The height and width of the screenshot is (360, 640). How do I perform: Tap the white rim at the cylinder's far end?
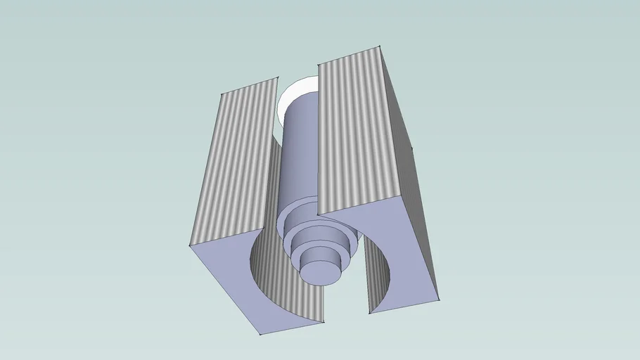(288, 98)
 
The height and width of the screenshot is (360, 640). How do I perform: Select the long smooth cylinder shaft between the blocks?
(298, 155)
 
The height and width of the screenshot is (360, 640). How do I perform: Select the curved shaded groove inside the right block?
(380, 281)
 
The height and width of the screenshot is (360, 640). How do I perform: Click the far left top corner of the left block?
(222, 94)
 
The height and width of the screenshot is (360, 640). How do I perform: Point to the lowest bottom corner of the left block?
(260, 333)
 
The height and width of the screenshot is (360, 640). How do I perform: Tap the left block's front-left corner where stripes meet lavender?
(190, 245)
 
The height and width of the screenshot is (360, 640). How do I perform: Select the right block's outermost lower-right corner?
(440, 299)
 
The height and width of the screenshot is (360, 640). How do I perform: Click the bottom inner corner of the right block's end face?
(370, 313)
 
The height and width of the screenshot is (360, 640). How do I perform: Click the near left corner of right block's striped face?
(320, 214)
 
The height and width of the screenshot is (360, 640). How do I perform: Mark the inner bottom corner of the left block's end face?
(324, 322)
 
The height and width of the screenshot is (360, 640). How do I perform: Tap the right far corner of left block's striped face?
(276, 78)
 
